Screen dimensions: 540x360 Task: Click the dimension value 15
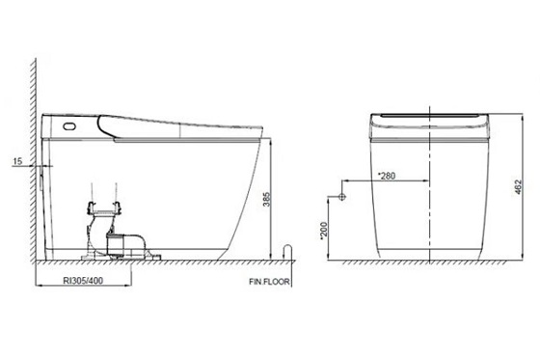17,161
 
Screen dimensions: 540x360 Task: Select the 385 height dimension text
267,200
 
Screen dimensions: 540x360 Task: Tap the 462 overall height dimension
519,187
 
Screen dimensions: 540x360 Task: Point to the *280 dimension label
387,176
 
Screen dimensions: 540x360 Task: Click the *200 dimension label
324,231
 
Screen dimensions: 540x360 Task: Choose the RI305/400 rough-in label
83,281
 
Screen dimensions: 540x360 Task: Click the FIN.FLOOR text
269,282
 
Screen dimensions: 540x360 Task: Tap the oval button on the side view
69,126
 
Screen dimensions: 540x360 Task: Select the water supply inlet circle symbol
341,197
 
